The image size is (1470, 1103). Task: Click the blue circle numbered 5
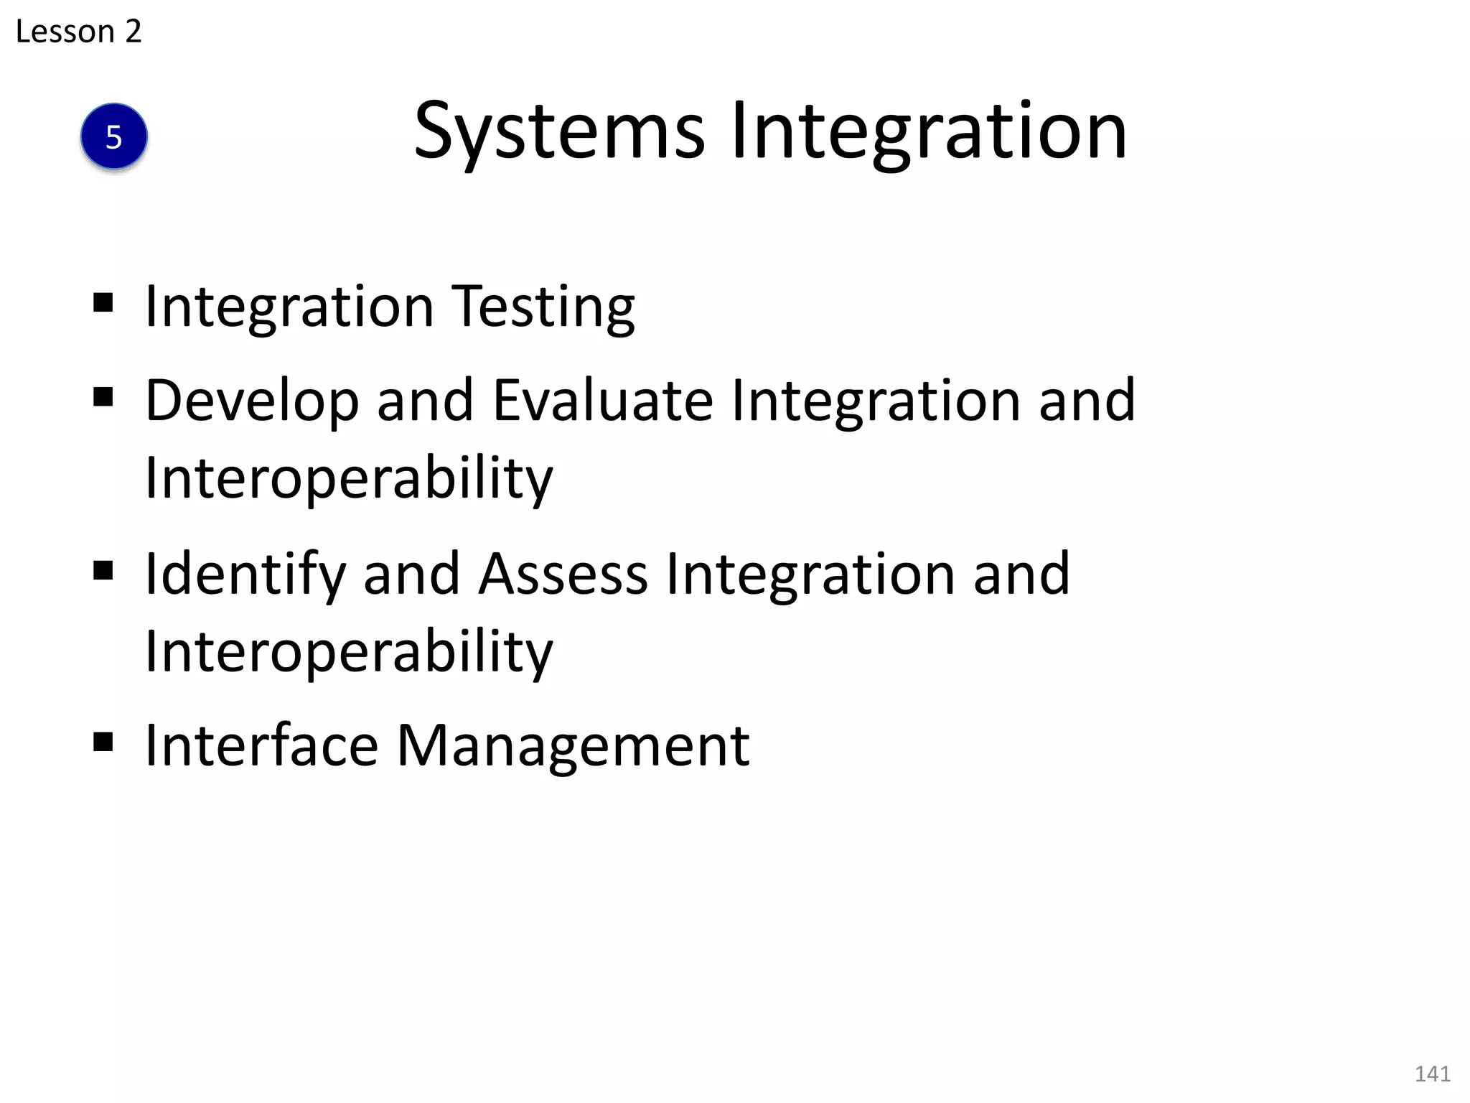(x=114, y=136)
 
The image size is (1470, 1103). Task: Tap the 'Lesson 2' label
(x=78, y=32)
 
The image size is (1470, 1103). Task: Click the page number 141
(x=1432, y=1074)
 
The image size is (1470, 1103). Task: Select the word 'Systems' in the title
(x=560, y=133)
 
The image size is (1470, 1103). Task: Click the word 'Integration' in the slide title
(x=929, y=133)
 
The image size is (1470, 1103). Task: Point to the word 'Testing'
(x=543, y=307)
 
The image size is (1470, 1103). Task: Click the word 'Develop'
(x=252, y=401)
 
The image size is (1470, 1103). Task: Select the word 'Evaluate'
(x=603, y=401)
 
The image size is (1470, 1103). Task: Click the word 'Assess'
(x=563, y=574)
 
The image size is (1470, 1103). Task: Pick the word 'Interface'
(x=262, y=745)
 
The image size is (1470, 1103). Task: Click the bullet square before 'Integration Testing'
(x=103, y=303)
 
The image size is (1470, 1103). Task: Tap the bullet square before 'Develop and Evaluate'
(x=103, y=396)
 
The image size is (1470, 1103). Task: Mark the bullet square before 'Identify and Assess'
(x=103, y=570)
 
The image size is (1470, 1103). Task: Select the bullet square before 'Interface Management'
(x=103, y=741)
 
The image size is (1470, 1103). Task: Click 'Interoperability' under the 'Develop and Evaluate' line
(x=349, y=478)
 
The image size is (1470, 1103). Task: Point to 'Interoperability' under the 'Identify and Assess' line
(x=349, y=651)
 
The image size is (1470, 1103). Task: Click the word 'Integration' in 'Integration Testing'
(x=289, y=307)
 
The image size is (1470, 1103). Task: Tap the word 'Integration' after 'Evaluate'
(x=876, y=401)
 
